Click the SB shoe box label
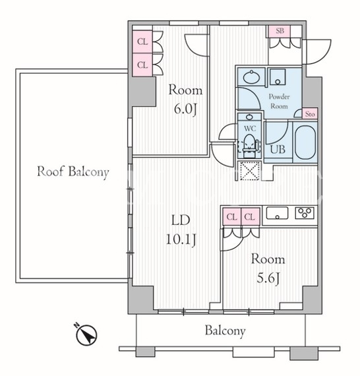[280, 31]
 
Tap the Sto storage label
[310, 114]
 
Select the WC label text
[250, 129]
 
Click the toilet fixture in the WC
[249, 146]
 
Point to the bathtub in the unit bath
[305, 142]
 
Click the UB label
[278, 149]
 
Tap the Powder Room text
[279, 101]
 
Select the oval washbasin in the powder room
[251, 77]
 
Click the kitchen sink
[277, 214]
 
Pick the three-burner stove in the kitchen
[305, 212]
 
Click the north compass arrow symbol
[86, 334]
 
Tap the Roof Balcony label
[73, 172]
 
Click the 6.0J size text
[185, 109]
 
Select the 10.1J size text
[181, 239]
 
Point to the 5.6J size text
[268, 278]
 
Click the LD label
[181, 220]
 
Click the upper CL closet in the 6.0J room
[142, 42]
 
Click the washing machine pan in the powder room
[278, 77]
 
